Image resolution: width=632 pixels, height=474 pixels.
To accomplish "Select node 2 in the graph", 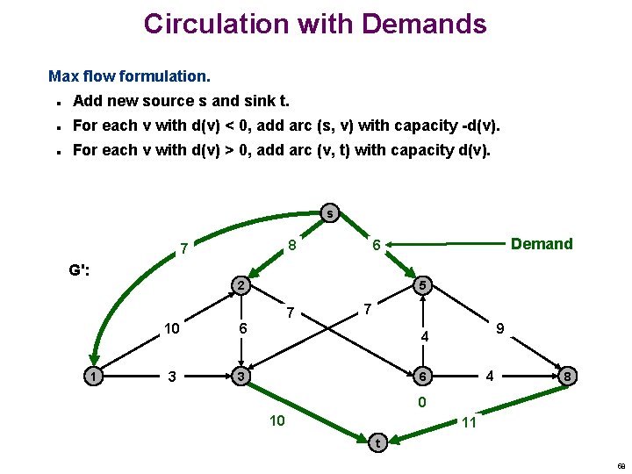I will click(x=240, y=285).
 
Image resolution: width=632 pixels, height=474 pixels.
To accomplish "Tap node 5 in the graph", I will click(x=422, y=285).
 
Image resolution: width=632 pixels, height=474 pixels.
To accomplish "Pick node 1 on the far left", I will click(x=91, y=377).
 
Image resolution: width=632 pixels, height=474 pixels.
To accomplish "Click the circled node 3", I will click(x=240, y=377).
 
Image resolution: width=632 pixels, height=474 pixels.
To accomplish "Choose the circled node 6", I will click(x=422, y=377).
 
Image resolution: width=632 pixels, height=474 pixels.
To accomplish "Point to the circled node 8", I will click(x=570, y=377).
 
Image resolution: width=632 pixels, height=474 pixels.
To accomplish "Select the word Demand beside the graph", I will click(x=542, y=244).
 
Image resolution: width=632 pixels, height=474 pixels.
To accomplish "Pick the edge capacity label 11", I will click(x=469, y=422).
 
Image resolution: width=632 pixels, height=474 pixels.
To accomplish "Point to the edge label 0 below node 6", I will click(x=422, y=403).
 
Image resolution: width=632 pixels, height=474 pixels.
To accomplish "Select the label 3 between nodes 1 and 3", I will click(x=174, y=377).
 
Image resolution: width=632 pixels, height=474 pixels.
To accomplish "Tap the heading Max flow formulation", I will click(x=129, y=76).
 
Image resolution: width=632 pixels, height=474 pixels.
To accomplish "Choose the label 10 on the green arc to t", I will click(x=276, y=421).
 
